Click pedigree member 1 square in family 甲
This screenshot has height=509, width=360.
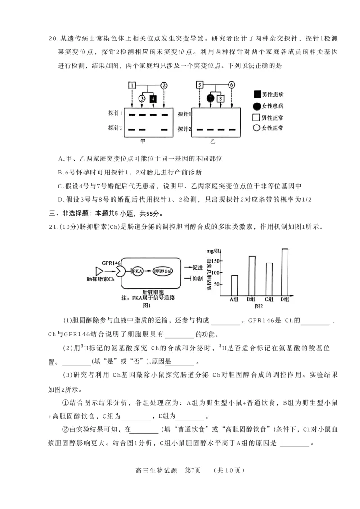pyautogui.click(x=131, y=85)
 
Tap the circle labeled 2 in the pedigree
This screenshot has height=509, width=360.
pyautogui.click(x=164, y=85)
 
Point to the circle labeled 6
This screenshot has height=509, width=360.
pyautogui.click(x=232, y=85)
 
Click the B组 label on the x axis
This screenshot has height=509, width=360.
pyautogui.click(x=252, y=299)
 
